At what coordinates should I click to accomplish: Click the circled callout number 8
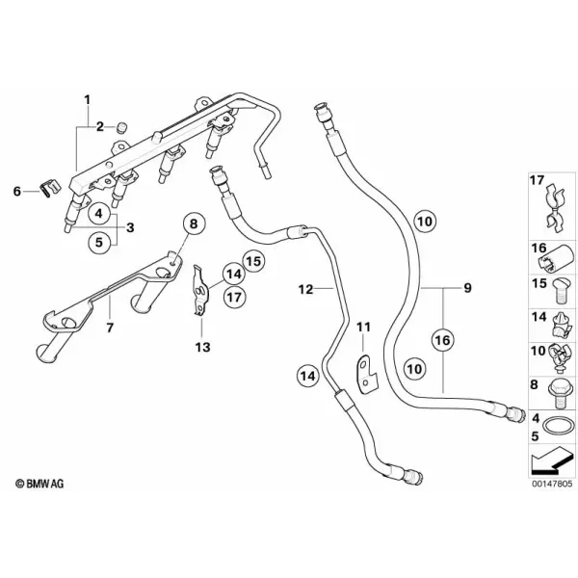(x=194, y=224)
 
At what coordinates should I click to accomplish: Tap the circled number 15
(x=253, y=262)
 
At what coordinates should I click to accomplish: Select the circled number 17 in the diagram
(x=234, y=297)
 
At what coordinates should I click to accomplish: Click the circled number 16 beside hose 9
(x=443, y=340)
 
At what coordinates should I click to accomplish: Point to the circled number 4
(x=99, y=213)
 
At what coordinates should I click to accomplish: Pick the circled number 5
(x=99, y=243)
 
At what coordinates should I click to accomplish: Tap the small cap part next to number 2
(x=121, y=128)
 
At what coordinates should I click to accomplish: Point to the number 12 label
(x=306, y=289)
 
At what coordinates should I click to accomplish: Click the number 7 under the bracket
(x=110, y=328)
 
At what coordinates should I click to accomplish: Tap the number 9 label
(x=467, y=287)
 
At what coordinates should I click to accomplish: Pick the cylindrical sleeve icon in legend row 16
(x=556, y=258)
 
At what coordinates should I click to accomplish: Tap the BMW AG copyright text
(x=39, y=484)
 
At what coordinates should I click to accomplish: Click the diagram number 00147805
(x=552, y=484)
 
